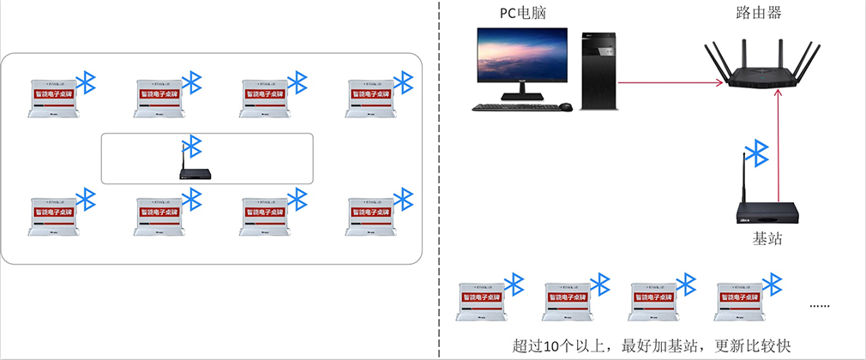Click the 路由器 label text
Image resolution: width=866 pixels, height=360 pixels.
(x=758, y=13)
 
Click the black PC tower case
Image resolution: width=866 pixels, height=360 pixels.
(x=598, y=70)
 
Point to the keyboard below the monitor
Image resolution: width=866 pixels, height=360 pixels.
(x=513, y=107)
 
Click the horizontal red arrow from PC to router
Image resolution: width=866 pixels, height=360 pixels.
(x=669, y=83)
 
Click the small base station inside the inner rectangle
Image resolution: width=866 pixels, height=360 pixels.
(x=195, y=172)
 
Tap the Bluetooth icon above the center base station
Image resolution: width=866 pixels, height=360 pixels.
(x=194, y=146)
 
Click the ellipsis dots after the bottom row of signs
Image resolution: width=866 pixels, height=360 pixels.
(x=821, y=305)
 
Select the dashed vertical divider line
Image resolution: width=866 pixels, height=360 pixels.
(x=439, y=180)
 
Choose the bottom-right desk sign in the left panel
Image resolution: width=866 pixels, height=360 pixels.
(x=370, y=215)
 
